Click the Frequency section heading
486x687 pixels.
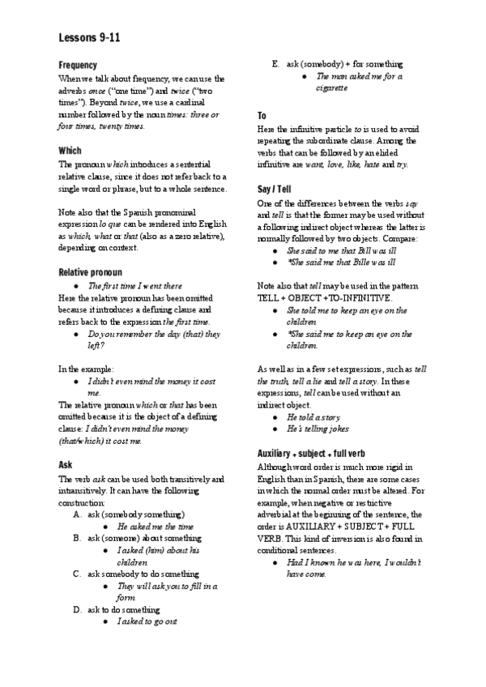point(79,64)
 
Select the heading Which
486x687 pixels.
point(70,151)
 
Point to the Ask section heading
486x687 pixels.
point(66,465)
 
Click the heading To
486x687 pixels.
point(262,117)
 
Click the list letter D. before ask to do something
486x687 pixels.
point(77,608)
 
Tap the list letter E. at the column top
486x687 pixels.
point(276,64)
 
